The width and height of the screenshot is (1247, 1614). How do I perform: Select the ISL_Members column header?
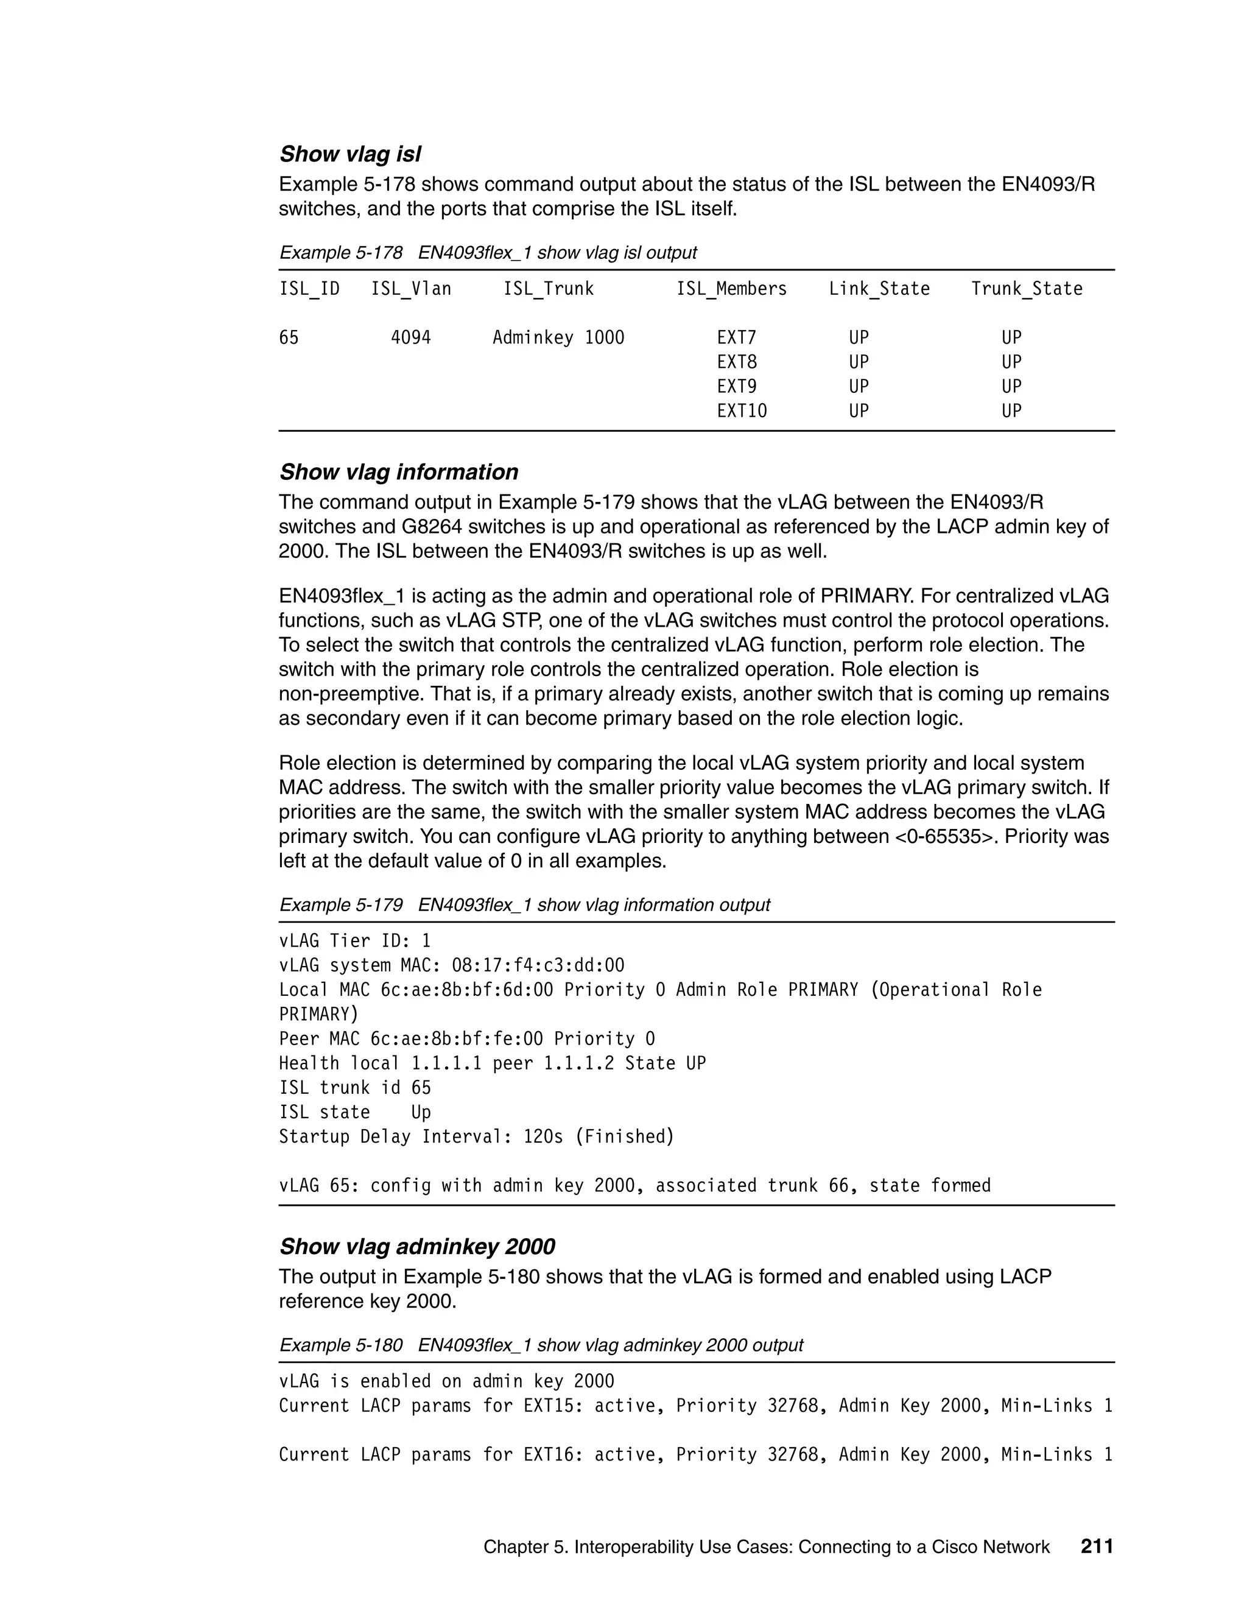731,289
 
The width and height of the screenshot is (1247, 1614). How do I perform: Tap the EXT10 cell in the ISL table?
741,411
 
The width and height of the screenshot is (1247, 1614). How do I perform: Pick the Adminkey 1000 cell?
558,338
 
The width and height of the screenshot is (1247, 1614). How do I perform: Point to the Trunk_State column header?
1026,289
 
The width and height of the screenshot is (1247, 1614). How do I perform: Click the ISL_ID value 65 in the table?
289,338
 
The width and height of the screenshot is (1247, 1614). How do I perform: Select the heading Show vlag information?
398,472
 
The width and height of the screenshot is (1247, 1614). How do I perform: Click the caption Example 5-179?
340,904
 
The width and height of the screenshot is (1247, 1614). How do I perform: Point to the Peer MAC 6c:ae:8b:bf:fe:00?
456,1038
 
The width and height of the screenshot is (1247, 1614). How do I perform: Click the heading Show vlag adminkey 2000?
416,1247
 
